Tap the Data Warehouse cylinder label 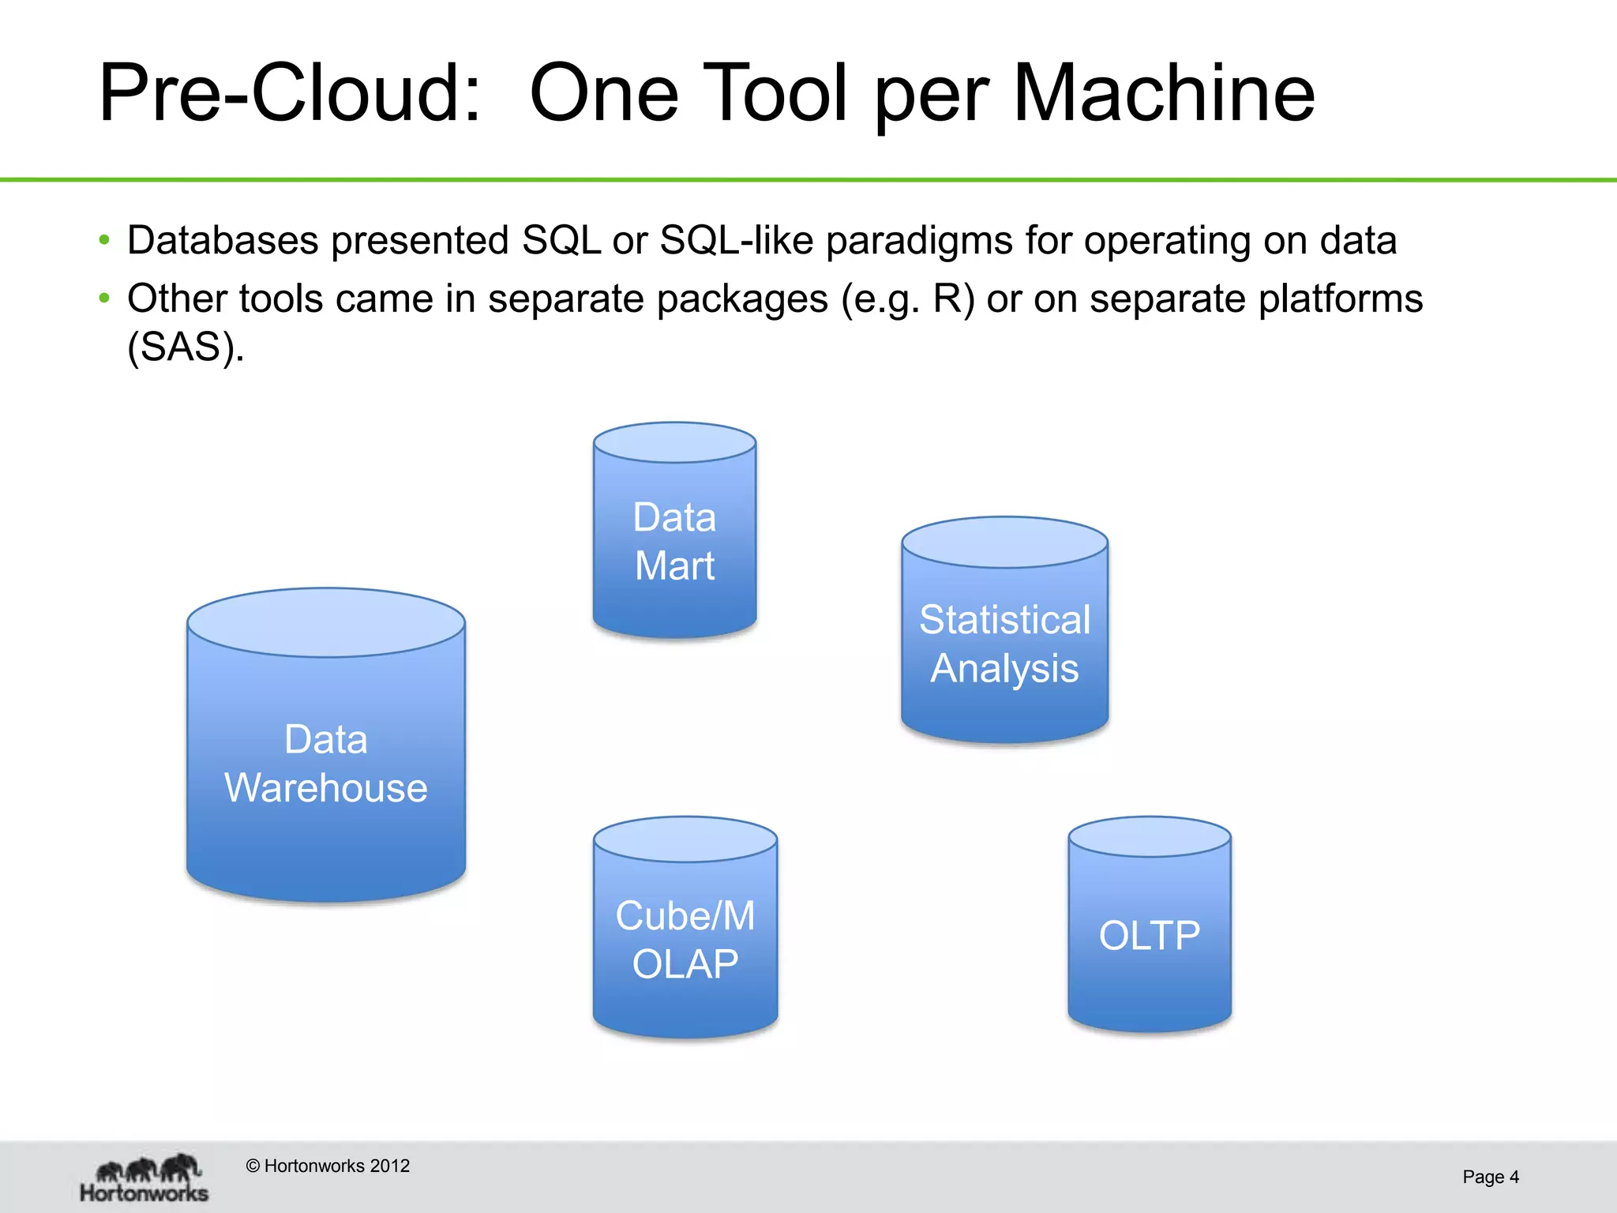(x=325, y=764)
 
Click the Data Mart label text (x=674, y=542)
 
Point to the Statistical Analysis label (x=1004, y=644)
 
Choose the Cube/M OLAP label (x=685, y=940)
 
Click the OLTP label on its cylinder (x=1149, y=936)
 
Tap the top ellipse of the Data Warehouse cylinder (x=325, y=622)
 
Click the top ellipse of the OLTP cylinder (x=1149, y=837)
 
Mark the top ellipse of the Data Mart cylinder (x=674, y=442)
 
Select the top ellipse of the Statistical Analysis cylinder (x=1004, y=543)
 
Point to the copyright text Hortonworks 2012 (x=328, y=1166)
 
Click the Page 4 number (x=1490, y=1177)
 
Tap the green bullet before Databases (x=104, y=240)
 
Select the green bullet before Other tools (x=104, y=299)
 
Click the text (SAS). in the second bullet (x=186, y=346)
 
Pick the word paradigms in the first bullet (x=918, y=240)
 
